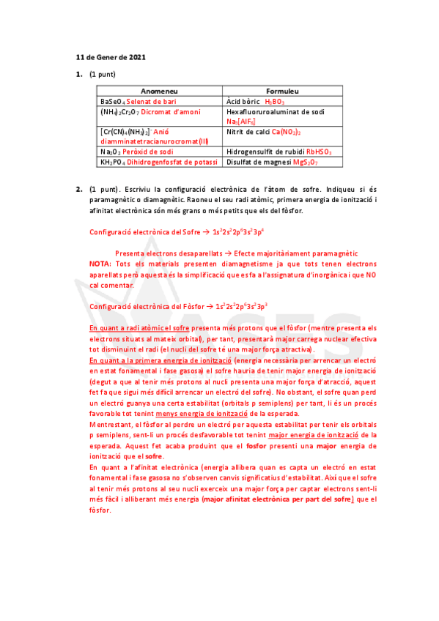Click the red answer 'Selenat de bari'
point(151,100)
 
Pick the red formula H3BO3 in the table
point(275,100)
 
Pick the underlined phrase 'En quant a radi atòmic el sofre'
point(136,329)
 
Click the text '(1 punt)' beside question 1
point(103,75)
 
